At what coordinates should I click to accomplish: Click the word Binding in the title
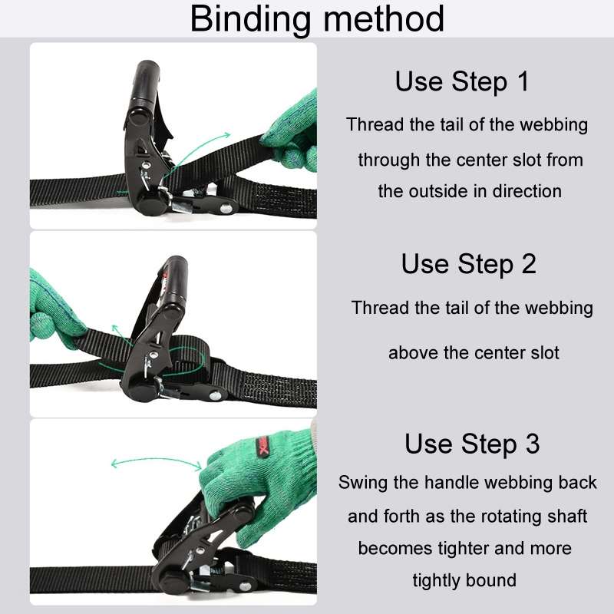tap(249, 19)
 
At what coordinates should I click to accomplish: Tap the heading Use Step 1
tap(462, 81)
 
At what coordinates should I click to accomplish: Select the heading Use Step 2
tap(468, 264)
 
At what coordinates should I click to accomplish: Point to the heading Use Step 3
tap(472, 444)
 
